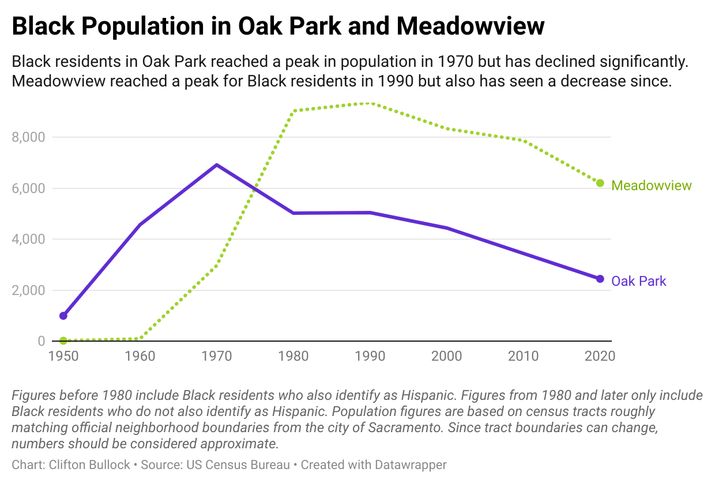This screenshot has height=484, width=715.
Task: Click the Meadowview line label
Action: pos(651,186)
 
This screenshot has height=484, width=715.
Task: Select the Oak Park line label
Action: pos(638,281)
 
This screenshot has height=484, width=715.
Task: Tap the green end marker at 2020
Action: pos(600,183)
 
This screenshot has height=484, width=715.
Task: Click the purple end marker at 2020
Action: pos(600,279)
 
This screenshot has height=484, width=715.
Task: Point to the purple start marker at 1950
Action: pos(63,316)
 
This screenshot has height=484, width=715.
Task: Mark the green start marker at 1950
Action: pos(63,341)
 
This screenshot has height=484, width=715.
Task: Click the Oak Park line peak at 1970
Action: pos(216,165)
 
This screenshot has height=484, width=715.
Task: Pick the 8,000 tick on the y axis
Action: pos(28,137)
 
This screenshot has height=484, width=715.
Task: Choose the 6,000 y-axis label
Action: pos(28,188)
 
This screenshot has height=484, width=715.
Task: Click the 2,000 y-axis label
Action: pos(28,290)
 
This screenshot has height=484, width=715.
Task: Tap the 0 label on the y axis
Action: pos(41,341)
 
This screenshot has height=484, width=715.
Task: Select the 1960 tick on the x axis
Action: pos(140,356)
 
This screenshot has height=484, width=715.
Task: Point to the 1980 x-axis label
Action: pos(293,356)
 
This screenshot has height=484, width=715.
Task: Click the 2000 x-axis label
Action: pos(446,356)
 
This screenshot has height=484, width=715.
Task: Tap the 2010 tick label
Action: pos(523,356)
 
